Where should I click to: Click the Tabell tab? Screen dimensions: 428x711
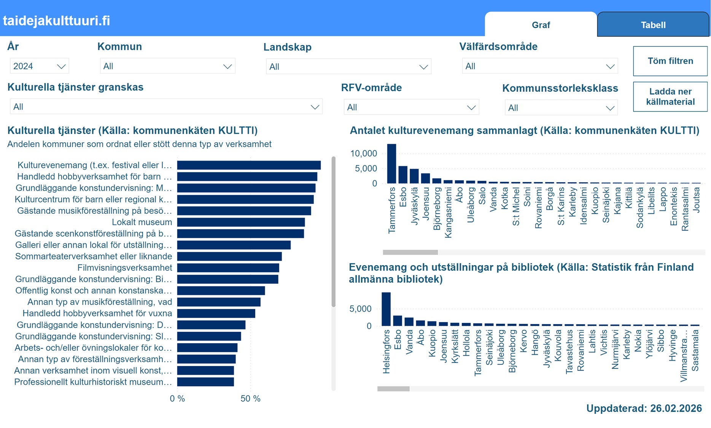coord(653,25)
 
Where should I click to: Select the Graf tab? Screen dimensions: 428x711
coord(541,25)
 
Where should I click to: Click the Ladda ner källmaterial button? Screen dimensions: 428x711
coord(670,97)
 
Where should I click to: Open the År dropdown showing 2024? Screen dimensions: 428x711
coord(39,66)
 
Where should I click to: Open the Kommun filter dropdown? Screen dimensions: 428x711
coord(167,66)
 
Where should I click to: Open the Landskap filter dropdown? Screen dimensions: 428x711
coord(348,67)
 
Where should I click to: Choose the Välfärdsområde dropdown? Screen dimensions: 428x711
coord(539,66)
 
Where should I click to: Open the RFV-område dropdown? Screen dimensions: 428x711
coord(411,107)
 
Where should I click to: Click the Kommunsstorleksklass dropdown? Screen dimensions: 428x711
coord(561,108)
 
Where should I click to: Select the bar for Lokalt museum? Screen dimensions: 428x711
coord(241,222)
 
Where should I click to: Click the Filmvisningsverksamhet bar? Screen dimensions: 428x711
coord(228,268)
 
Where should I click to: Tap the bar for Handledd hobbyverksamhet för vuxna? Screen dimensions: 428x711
coord(216,313)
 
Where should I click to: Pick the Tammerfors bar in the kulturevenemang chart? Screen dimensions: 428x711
coord(391,164)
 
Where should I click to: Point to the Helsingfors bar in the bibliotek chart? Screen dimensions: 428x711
coord(386,309)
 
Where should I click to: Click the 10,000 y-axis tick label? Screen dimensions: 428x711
coord(363,154)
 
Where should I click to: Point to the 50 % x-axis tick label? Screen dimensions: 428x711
coord(250,399)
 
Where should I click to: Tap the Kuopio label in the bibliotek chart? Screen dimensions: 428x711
coord(432,343)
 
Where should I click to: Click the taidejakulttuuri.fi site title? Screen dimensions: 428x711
coord(56,21)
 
